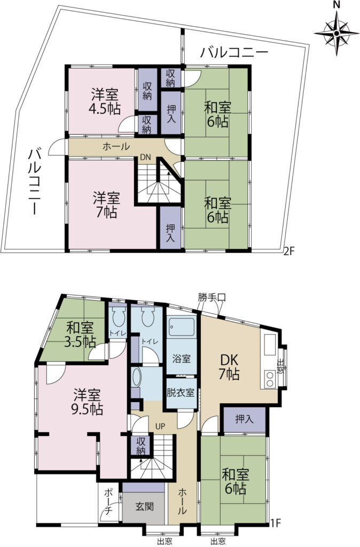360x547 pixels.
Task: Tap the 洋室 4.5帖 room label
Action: [x=105, y=101]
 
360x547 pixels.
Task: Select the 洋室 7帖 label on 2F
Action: [x=106, y=205]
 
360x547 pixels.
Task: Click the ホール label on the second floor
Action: [x=116, y=146]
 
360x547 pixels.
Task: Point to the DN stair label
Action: [x=145, y=158]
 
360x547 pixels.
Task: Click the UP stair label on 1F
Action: [x=160, y=426]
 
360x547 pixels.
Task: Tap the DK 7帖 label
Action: [x=229, y=366]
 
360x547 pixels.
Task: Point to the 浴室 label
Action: [x=182, y=358]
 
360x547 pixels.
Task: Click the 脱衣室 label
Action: [x=181, y=392]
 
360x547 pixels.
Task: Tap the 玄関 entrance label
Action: [x=144, y=506]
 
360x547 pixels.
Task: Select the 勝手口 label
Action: [x=212, y=298]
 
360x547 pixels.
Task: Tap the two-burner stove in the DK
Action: [x=270, y=379]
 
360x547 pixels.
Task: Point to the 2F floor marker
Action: [x=289, y=251]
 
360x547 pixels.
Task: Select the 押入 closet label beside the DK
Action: [x=245, y=419]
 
